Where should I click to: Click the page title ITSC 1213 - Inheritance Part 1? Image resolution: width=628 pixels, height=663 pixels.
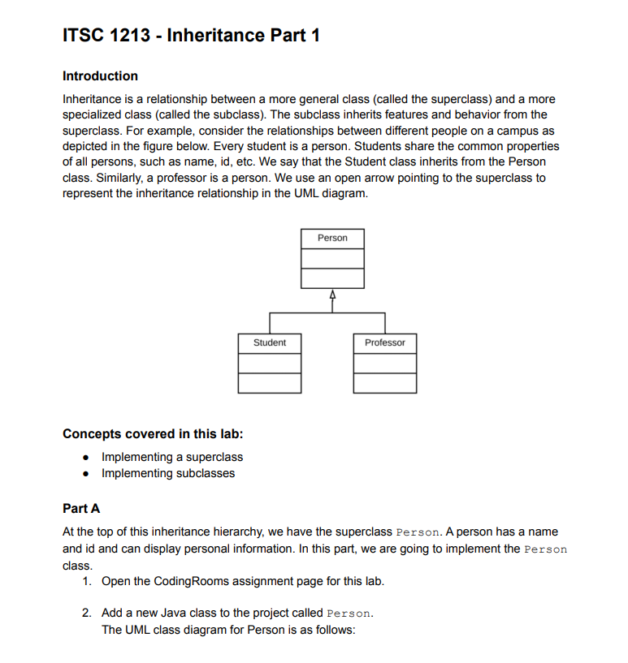point(191,36)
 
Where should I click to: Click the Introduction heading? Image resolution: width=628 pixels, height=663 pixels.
point(100,76)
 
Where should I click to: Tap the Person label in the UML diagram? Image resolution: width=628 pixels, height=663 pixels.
point(332,239)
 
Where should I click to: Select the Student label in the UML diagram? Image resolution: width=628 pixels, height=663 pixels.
point(270,343)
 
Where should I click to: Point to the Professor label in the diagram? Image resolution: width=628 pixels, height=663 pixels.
point(385,343)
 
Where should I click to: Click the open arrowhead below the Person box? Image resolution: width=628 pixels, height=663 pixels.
point(332,294)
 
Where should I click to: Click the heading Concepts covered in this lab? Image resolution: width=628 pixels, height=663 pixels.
point(153,433)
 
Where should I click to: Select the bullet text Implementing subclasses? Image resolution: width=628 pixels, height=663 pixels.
point(168,473)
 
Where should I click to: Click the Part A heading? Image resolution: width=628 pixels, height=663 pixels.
point(81,509)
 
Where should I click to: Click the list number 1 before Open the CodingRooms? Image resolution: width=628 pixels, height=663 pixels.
point(86,581)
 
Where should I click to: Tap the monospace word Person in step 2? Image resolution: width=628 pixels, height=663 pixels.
point(349,613)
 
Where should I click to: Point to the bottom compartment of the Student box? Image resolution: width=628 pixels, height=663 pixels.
point(270,383)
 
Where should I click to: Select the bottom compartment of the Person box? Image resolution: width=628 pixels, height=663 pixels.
point(332,278)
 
